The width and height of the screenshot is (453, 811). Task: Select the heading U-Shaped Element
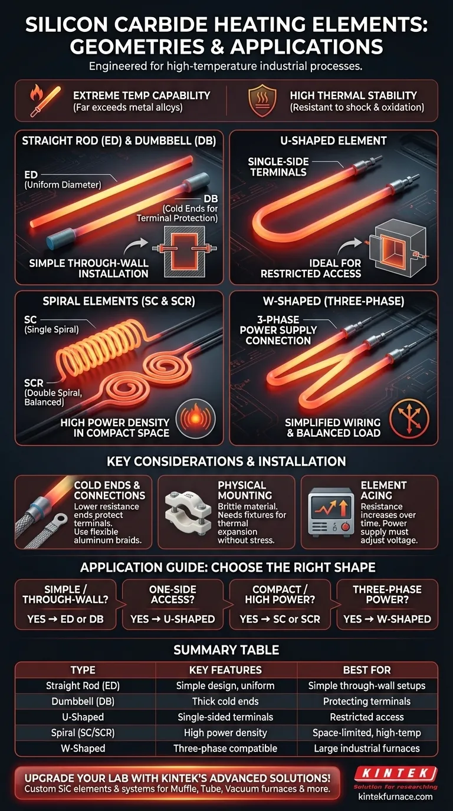pos(334,141)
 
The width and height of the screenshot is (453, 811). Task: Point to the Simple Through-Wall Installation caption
pos(88,268)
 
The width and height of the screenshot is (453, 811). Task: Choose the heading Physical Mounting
pos(241,490)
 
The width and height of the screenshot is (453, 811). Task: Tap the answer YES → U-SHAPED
pos(172,619)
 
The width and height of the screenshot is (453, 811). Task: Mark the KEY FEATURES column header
pos(225,670)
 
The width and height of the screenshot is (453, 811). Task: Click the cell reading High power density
pos(225,733)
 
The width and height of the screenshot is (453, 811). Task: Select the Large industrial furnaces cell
pos(366,749)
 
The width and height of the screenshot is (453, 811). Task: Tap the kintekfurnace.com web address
pos(395,796)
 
